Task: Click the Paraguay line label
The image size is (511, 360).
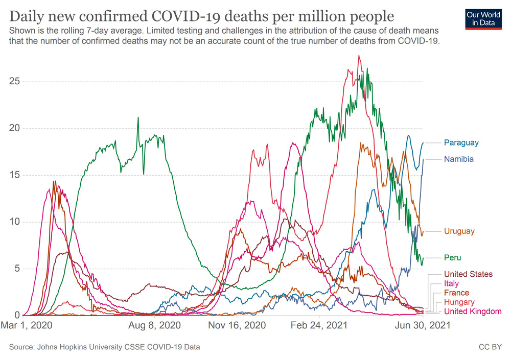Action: [x=461, y=143]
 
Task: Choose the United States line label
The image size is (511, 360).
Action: [x=468, y=275]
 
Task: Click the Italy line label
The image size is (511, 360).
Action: [x=451, y=284]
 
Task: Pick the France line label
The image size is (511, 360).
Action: [x=456, y=293]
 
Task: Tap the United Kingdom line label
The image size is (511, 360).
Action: [x=473, y=311]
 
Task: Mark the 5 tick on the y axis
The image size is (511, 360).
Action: [x=16, y=269]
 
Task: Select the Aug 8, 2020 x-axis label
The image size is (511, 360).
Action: [x=154, y=325]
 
